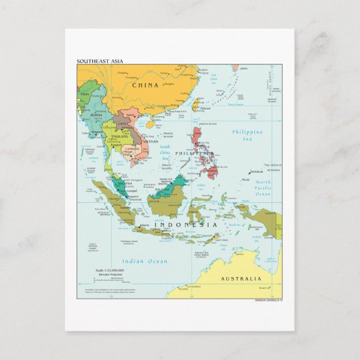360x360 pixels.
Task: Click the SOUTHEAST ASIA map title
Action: click(x=100, y=61)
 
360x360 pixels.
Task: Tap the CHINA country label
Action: click(x=145, y=86)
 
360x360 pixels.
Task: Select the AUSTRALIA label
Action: click(x=240, y=278)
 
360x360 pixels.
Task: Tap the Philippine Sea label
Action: click(x=247, y=136)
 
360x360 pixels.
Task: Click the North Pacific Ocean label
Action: click(x=263, y=188)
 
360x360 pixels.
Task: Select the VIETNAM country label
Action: click(x=150, y=142)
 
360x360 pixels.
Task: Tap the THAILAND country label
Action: click(x=120, y=136)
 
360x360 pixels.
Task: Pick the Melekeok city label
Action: click(x=257, y=172)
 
